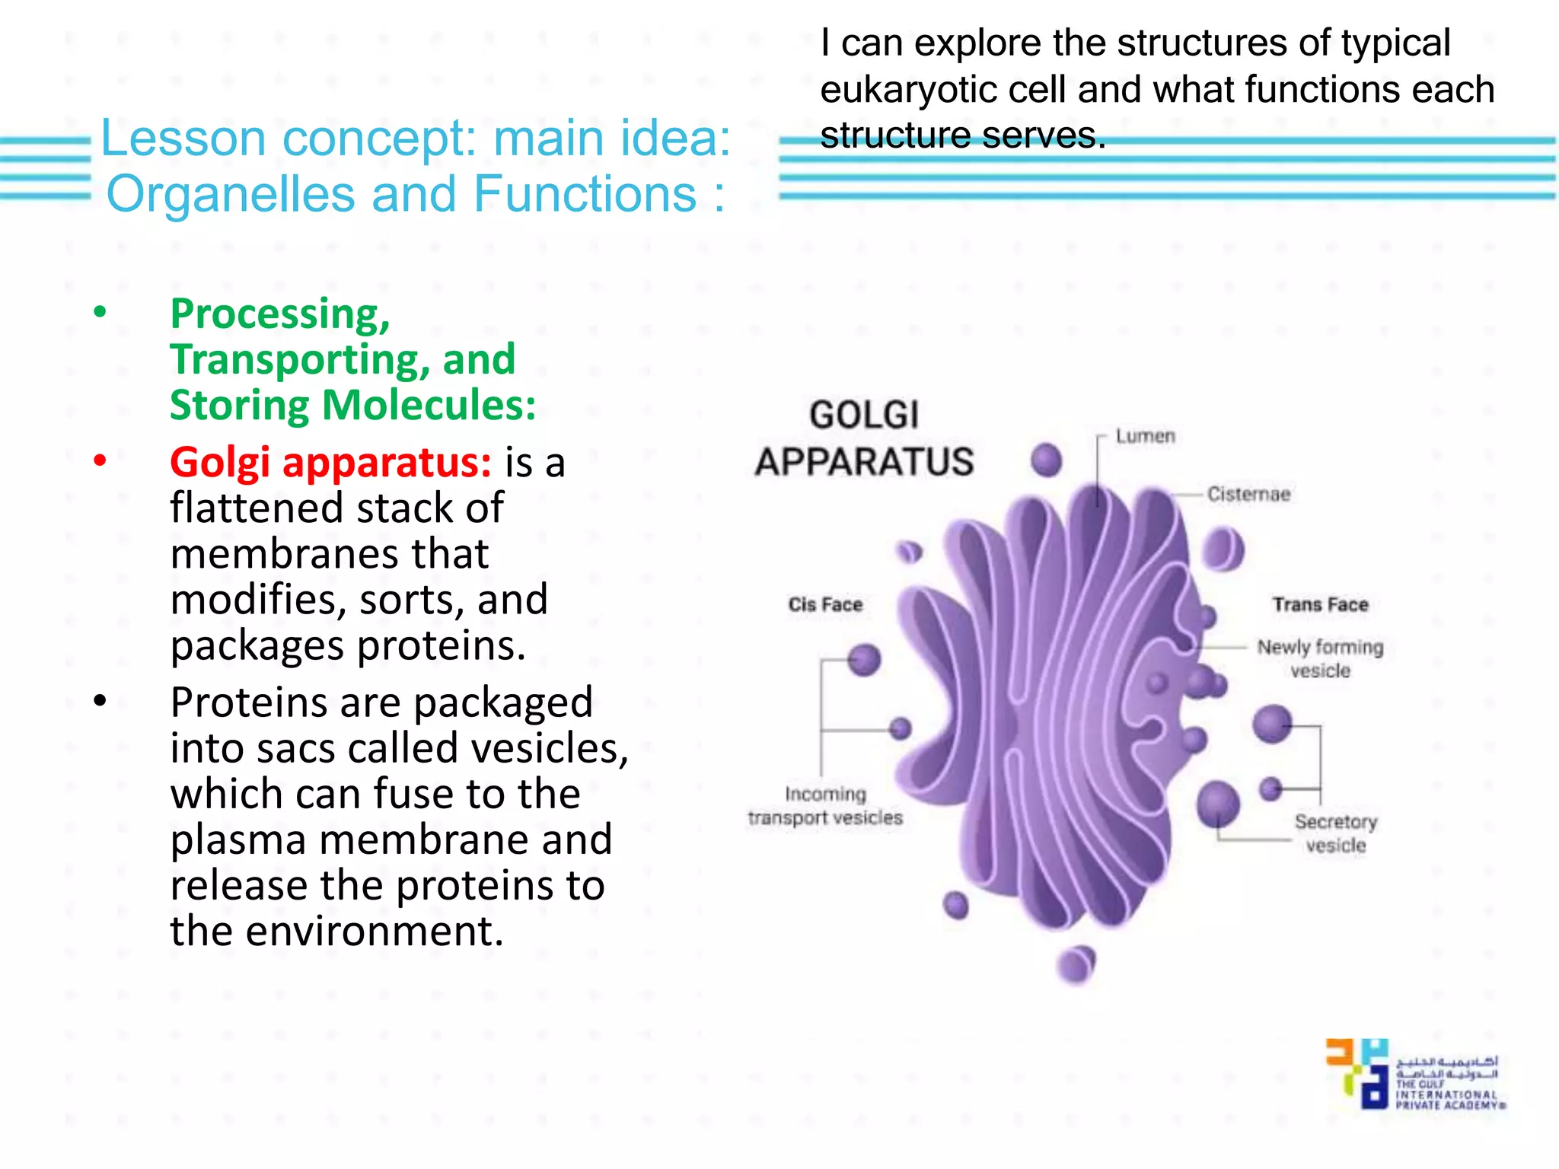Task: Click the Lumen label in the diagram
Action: click(1145, 436)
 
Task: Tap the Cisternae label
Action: click(1248, 494)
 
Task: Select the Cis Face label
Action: click(825, 604)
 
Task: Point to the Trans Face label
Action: click(1320, 604)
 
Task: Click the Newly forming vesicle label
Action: click(1320, 658)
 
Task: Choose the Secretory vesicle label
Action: click(1336, 833)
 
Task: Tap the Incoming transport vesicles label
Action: click(825, 805)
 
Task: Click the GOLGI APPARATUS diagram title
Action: click(864, 438)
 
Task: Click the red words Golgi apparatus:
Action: click(330, 462)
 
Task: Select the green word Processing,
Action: click(280, 314)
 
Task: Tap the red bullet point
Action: click(100, 460)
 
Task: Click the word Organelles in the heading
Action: click(231, 194)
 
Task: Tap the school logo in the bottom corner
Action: click(1414, 1073)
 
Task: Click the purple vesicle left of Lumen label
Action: click(1047, 460)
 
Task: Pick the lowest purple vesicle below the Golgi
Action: click(1076, 965)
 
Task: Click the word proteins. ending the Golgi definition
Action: click(442, 645)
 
